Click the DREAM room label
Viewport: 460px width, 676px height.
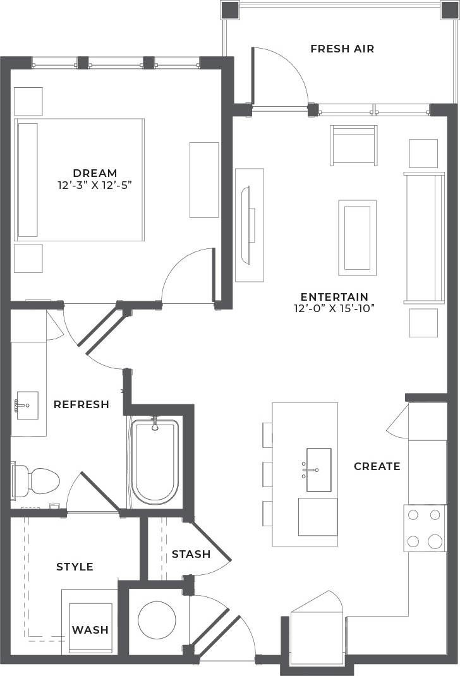(x=95, y=172)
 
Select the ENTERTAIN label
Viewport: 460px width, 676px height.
(x=334, y=297)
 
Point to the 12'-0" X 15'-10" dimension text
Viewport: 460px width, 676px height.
(x=334, y=309)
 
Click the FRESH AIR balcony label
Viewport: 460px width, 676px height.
(x=342, y=49)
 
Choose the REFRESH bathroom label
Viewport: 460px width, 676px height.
(x=81, y=404)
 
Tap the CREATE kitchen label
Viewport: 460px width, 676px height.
(x=377, y=466)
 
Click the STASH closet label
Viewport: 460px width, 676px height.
(x=191, y=554)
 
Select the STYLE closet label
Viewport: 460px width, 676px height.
(x=75, y=567)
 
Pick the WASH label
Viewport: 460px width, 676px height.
(x=90, y=630)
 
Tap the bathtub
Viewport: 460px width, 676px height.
(x=155, y=461)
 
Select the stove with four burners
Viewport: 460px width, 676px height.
(x=425, y=528)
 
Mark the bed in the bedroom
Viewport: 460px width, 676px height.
(x=80, y=179)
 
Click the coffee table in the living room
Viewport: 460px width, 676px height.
(x=357, y=238)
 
